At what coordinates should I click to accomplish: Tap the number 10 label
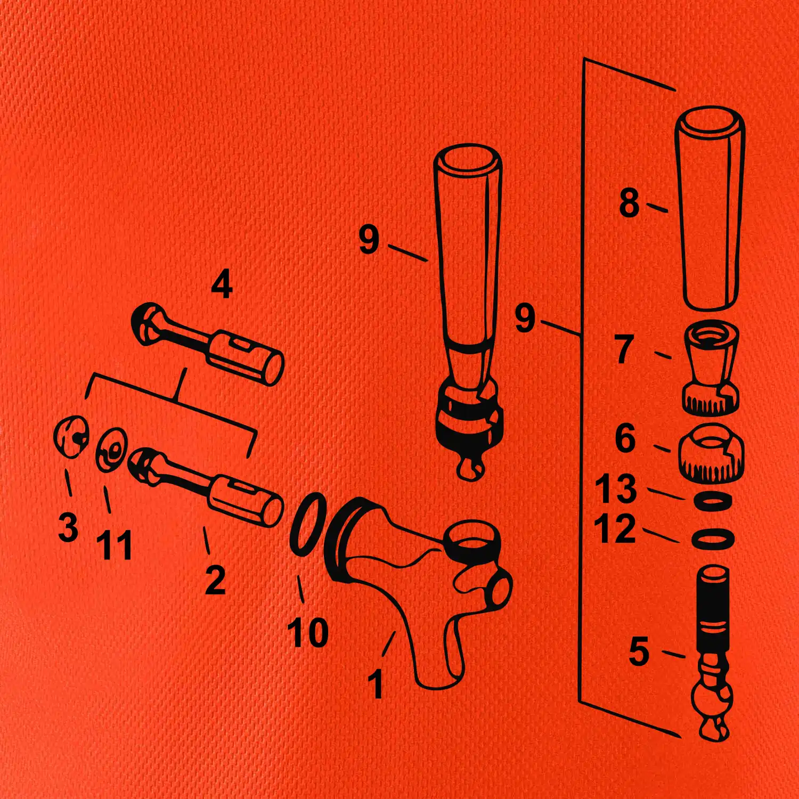coord(308,632)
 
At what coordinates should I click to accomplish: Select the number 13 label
coord(616,488)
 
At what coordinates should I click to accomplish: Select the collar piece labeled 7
coord(711,368)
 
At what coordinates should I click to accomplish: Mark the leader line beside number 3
coord(68,482)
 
